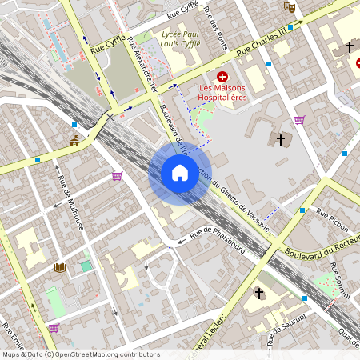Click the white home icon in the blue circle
pyautogui.click(x=180, y=173)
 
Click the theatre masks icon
pyautogui.click(x=289, y=6)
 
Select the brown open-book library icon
pyautogui.click(x=59, y=267)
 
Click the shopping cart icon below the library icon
pyautogui.click(x=54, y=328)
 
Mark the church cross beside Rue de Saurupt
pyautogui.click(x=258, y=294)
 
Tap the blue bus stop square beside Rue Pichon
pyautogui.click(x=302, y=210)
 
